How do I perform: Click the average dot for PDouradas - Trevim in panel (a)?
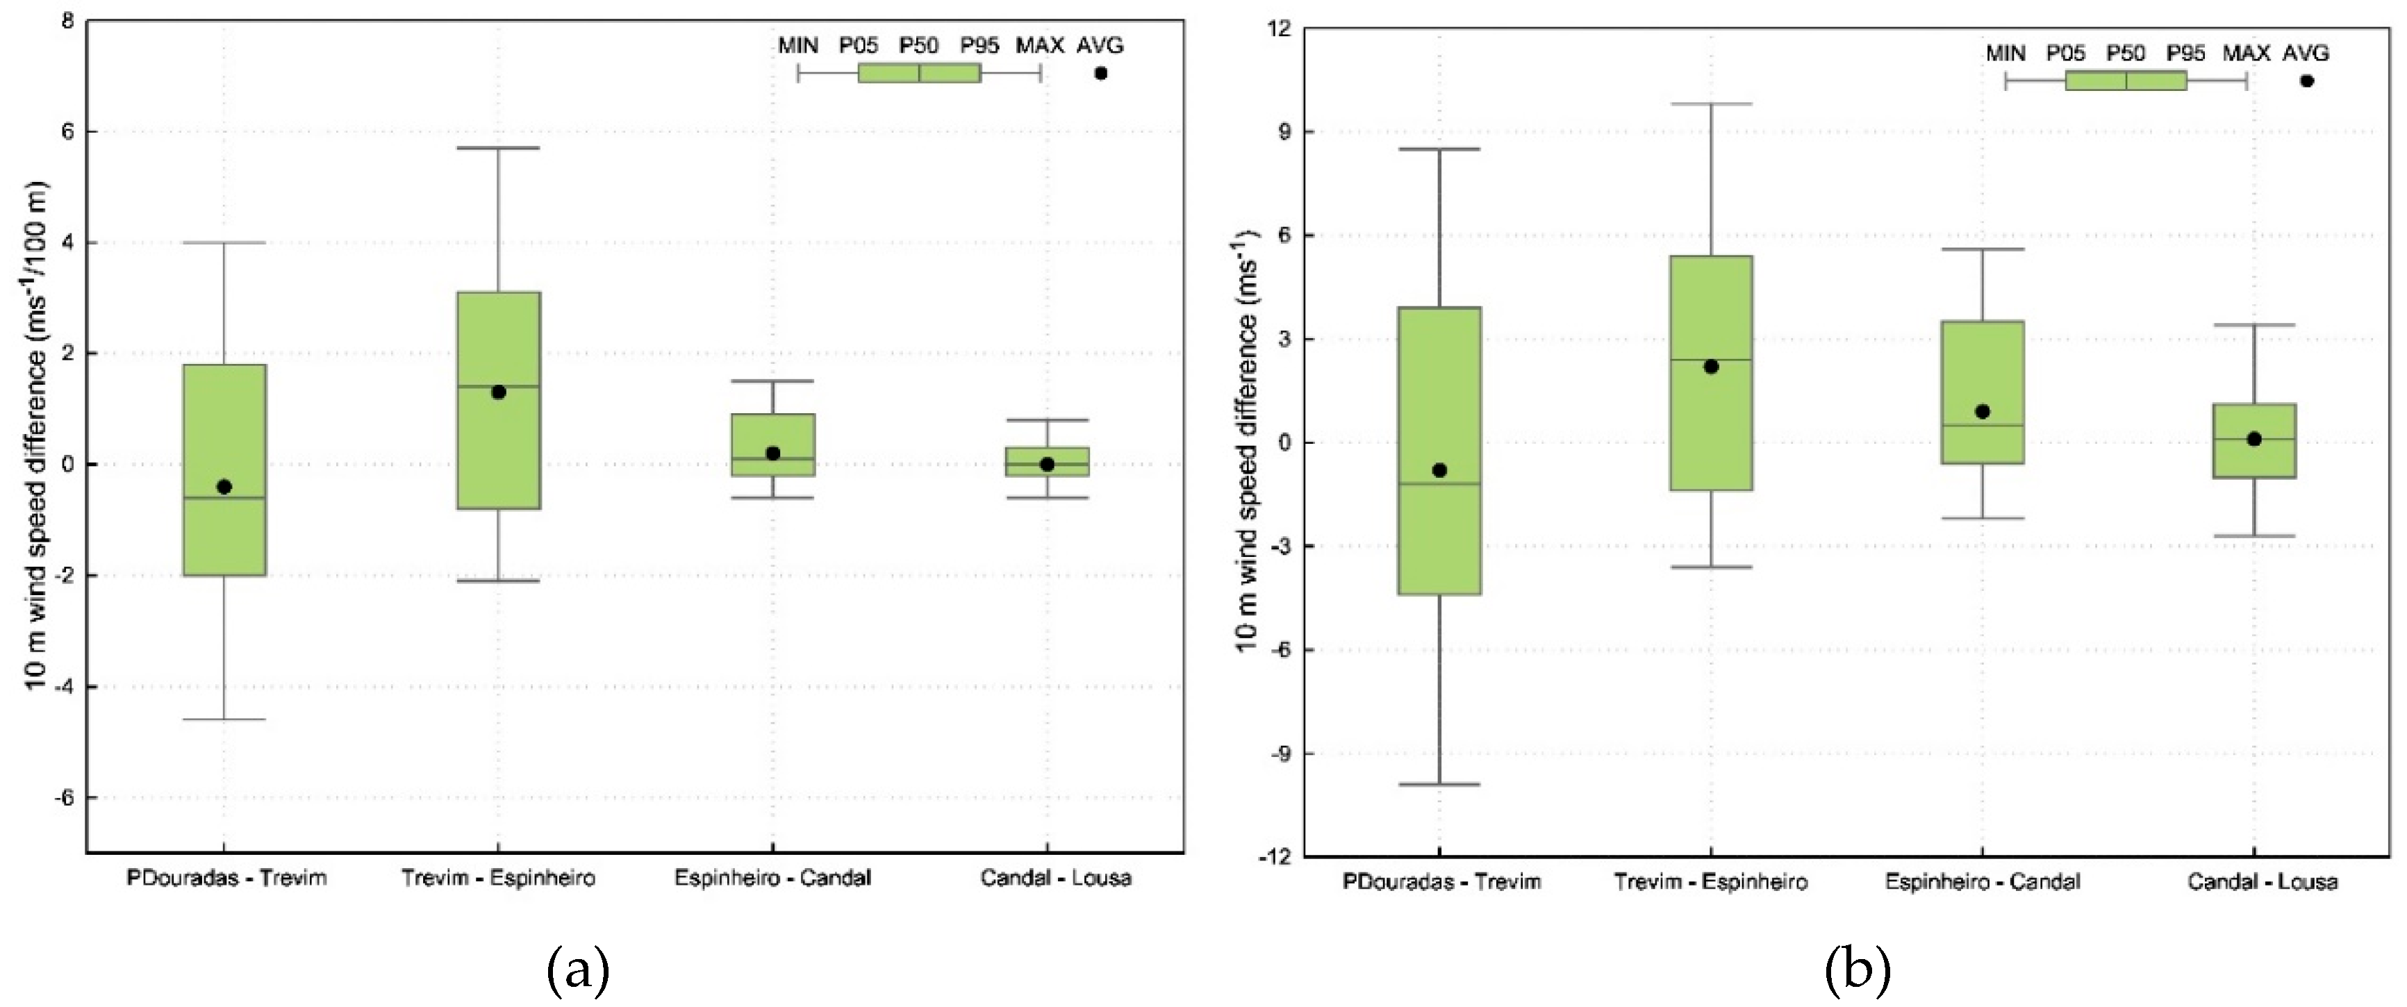click(x=224, y=487)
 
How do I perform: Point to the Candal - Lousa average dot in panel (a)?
click(x=1047, y=465)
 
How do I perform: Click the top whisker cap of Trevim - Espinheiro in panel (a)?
click(x=498, y=148)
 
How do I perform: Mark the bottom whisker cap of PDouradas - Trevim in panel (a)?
click(x=224, y=719)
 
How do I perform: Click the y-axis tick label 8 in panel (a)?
click(x=67, y=21)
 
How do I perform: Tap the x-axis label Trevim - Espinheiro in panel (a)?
click(x=498, y=878)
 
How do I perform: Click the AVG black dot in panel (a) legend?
click(x=1101, y=73)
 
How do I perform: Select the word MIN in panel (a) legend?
click(x=798, y=45)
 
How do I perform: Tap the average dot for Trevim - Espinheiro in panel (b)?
click(x=1711, y=366)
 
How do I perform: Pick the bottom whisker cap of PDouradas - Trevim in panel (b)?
click(x=1439, y=784)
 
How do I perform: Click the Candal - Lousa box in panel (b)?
click(x=2253, y=458)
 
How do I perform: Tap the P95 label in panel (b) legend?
click(x=2185, y=53)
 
